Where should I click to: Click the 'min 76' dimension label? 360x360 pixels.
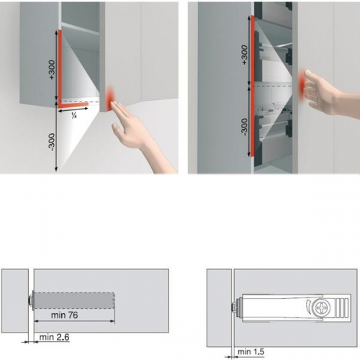click(x=65, y=315)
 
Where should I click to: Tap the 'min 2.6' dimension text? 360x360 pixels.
click(x=54, y=337)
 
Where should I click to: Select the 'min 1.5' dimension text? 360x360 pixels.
click(x=251, y=352)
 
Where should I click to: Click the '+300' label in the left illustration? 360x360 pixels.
click(x=52, y=70)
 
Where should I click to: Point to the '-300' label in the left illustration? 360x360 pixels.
click(x=52, y=142)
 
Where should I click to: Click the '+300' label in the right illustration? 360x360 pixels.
click(x=244, y=55)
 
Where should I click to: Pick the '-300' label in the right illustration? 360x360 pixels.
click(x=244, y=127)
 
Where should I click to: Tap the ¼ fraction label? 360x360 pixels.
click(x=74, y=116)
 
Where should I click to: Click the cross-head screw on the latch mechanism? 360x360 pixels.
click(x=321, y=307)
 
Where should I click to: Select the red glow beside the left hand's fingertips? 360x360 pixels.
click(x=110, y=98)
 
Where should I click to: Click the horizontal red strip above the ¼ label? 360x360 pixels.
click(x=73, y=104)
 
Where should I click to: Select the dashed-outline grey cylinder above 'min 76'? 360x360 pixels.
click(x=74, y=300)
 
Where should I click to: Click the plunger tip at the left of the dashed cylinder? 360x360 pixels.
click(x=32, y=300)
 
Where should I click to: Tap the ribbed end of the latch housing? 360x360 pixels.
click(x=342, y=307)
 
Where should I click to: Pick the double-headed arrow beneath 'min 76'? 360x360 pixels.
click(x=74, y=321)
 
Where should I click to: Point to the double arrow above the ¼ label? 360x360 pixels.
click(x=73, y=110)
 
